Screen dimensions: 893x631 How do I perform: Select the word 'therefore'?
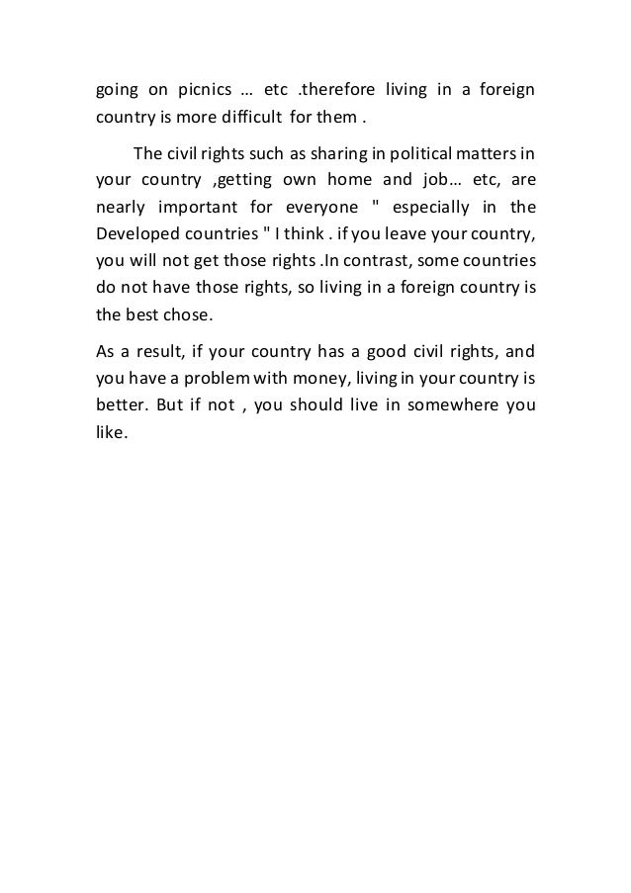[341, 93]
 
